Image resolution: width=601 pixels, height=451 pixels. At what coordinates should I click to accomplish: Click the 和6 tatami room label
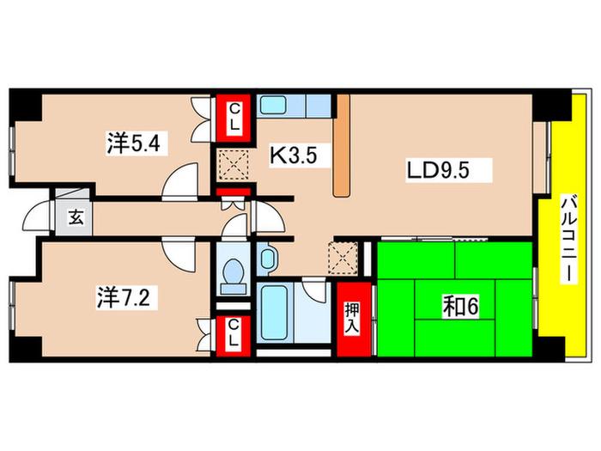point(460,307)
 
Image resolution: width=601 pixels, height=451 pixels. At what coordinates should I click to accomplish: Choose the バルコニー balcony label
point(568,239)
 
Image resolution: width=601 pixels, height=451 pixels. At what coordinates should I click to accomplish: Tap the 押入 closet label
point(352,319)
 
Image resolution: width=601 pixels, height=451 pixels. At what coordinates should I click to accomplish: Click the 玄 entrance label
point(76,218)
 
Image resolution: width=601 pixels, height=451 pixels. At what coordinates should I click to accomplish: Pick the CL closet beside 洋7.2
point(234,334)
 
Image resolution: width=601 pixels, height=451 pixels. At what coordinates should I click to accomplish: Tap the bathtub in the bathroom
point(274,312)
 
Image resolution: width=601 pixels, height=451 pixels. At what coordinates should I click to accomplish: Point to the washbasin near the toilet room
point(268,259)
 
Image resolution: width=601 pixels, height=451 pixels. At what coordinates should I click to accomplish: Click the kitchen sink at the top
point(273,104)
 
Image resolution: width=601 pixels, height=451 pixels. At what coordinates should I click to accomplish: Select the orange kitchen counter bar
point(342,146)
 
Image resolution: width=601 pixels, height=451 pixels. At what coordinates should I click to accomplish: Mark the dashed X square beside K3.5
point(234,165)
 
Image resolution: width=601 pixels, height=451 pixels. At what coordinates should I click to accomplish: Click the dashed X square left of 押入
point(343,258)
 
